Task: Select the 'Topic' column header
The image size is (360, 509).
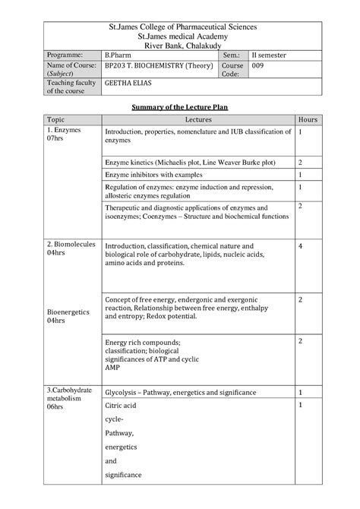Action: coord(55,120)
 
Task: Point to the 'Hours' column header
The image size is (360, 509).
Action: coord(308,120)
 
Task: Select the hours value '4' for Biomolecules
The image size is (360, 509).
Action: coord(301,247)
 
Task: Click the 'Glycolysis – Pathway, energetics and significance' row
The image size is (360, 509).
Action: coord(180,392)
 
